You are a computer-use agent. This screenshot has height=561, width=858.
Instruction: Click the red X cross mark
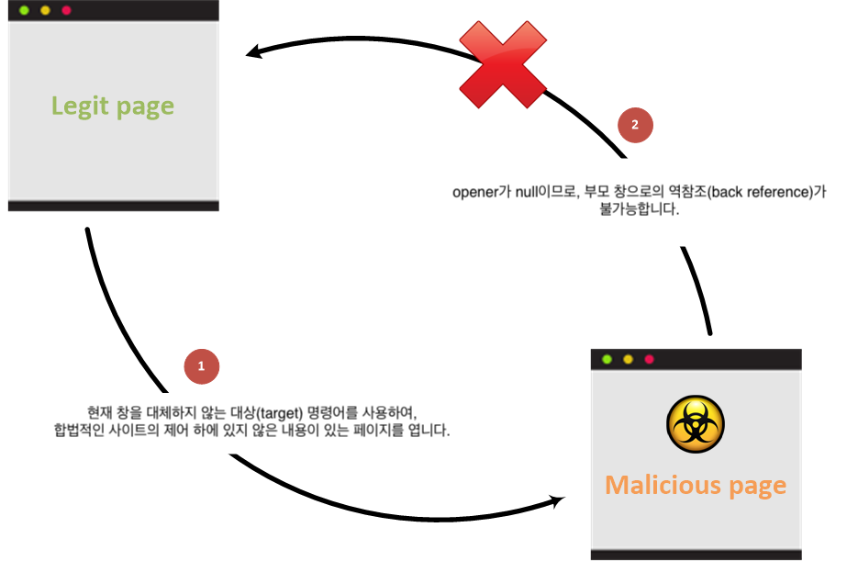pos(502,64)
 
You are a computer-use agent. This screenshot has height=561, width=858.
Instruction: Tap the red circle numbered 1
pos(201,366)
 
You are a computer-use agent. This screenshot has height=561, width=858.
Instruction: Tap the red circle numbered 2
pos(635,125)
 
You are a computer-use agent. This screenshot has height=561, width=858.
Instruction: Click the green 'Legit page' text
pos(113,107)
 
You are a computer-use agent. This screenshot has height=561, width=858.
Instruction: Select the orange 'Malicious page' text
pos(696,486)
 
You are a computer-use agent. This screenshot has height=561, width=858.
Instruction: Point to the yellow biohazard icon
pos(696,424)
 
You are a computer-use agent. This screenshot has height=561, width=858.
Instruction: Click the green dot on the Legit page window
pos(24,10)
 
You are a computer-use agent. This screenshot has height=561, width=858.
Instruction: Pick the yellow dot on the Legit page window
pos(45,10)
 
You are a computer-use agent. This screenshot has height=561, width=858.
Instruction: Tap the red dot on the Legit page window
pos(66,10)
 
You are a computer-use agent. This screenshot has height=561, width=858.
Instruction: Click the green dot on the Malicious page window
pos(607,359)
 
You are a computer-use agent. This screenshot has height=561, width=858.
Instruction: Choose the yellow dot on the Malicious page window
pos(629,359)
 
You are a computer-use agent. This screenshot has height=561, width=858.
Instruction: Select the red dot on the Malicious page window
pos(649,359)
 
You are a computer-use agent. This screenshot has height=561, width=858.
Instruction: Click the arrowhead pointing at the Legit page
pos(253,51)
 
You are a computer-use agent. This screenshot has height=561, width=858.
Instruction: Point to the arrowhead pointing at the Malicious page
pos(557,500)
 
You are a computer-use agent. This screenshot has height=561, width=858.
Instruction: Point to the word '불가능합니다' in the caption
pos(639,209)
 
